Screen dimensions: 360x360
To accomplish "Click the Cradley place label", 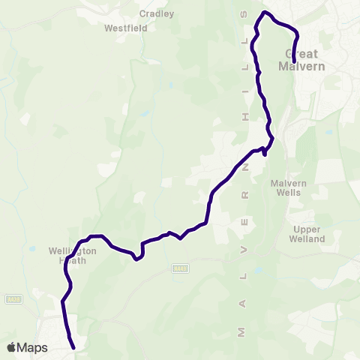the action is coord(157,13).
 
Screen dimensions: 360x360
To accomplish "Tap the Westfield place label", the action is coord(126,28).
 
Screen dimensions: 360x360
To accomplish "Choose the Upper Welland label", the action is coord(307,234).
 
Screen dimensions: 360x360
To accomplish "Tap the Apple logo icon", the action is coord(11,347).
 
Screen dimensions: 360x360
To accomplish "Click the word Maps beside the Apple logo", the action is coord(32,347).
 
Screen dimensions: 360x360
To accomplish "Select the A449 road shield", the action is coord(179,268).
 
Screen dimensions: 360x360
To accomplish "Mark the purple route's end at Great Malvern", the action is coord(294,61).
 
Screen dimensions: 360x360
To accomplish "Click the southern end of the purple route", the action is coord(73,347).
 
